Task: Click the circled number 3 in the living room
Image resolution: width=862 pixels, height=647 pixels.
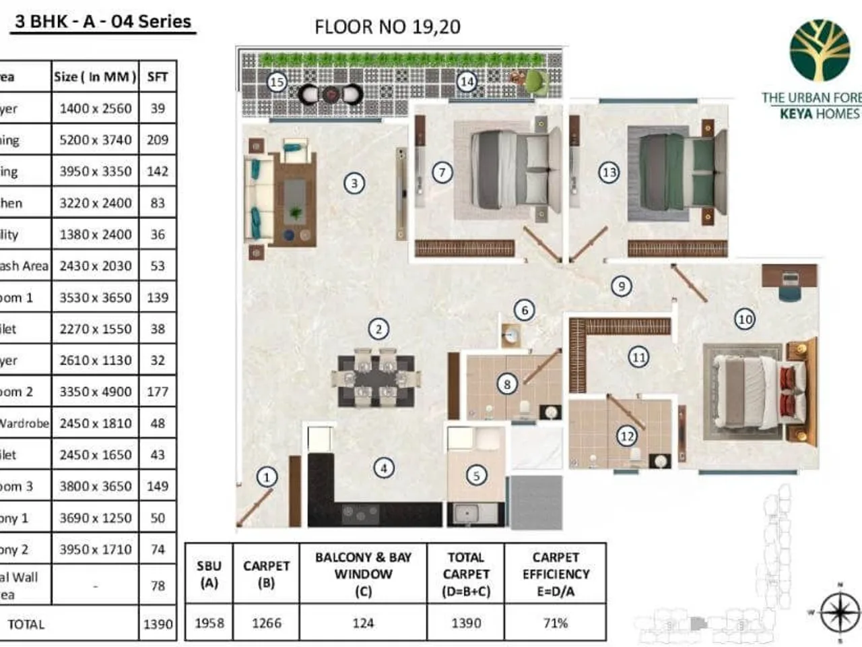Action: pos(354,183)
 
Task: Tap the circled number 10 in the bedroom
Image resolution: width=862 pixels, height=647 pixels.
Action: pos(744,319)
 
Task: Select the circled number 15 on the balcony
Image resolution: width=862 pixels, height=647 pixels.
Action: pos(277,82)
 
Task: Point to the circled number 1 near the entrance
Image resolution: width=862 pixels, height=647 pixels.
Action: pos(267,477)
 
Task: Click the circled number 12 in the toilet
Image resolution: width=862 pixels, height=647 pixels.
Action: pos(626,436)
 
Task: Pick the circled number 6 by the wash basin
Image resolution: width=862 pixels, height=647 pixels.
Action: pos(525,310)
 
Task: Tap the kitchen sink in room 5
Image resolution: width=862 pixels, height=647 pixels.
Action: pos(466,514)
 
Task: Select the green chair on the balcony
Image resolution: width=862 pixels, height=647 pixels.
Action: pos(536,82)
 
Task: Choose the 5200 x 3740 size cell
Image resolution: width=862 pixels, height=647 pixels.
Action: pos(95,140)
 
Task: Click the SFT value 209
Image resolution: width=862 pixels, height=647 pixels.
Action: pos(158,140)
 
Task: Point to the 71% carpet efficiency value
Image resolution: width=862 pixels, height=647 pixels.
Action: pos(556,623)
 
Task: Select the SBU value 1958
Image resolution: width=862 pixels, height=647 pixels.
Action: pos(209,623)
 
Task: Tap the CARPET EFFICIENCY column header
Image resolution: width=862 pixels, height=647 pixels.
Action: pos(556,574)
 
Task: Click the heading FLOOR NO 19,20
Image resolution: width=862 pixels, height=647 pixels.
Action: pos(387,27)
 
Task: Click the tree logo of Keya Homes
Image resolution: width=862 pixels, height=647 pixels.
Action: pos(820,51)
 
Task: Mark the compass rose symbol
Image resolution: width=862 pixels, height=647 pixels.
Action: pos(839,612)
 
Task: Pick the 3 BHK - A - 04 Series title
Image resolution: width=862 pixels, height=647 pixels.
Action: pos(103,22)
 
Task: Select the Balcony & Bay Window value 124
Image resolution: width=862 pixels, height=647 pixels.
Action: pos(363,623)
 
